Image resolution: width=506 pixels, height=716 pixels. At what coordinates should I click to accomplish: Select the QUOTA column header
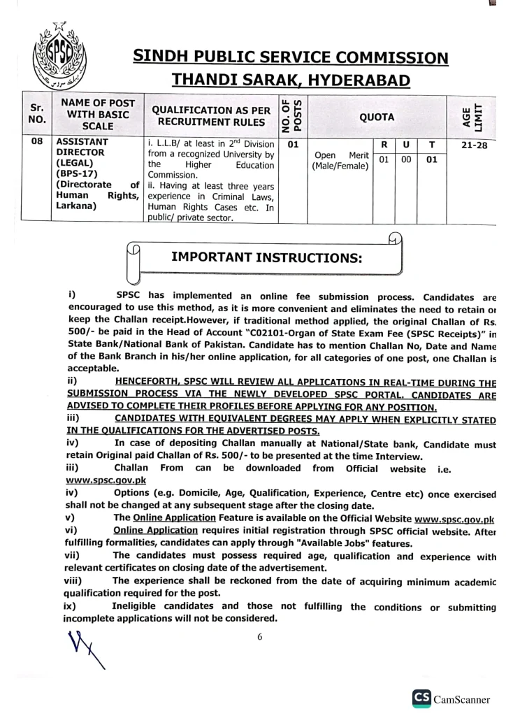click(x=377, y=117)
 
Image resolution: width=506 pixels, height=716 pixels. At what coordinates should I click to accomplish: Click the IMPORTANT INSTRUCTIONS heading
click(x=266, y=257)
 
